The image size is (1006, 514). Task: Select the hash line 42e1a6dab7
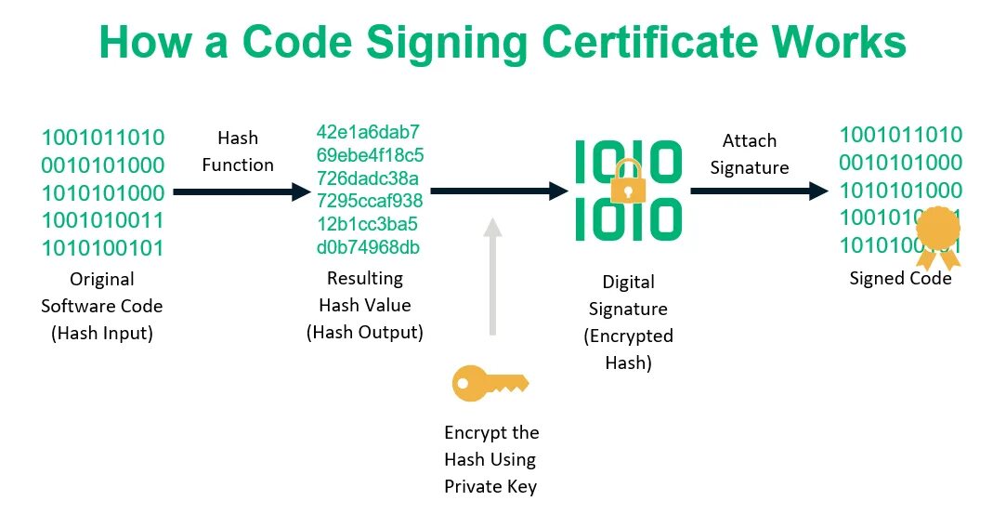368,131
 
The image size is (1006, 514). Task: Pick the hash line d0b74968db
368,247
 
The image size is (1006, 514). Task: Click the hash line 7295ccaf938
370,201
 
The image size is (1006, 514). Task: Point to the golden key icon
490,383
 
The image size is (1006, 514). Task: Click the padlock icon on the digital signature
628,180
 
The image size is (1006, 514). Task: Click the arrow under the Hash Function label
241,192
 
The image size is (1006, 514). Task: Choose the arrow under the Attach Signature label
758,191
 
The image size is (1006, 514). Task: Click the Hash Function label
238,152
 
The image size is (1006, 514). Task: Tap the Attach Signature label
749,154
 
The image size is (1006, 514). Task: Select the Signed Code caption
900,279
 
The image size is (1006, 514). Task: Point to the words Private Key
490,485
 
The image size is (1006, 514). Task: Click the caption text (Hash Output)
364,332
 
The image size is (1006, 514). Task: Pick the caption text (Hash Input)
102,333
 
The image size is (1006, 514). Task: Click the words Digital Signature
629,296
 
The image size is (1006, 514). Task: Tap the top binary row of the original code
102,138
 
